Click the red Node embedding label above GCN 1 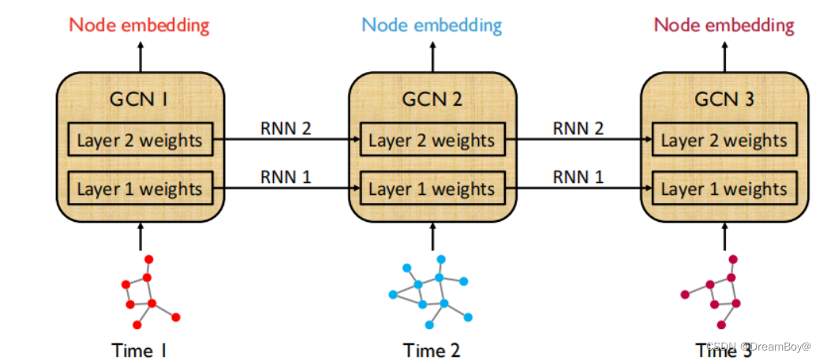click(139, 24)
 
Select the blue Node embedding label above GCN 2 click(431, 24)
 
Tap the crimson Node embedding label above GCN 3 click(724, 24)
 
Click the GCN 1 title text click(140, 99)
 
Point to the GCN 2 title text click(432, 99)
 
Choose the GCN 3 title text click(724, 99)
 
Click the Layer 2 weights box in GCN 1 click(140, 141)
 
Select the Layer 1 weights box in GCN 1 click(140, 189)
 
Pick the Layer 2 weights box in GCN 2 click(432, 141)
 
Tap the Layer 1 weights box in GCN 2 click(432, 189)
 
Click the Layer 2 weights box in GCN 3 click(724, 141)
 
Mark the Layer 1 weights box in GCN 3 click(724, 189)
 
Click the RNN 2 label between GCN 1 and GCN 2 click(286, 128)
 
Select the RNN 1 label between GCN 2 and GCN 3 click(578, 176)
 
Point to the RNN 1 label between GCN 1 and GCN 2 click(286, 176)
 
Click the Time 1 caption click(140, 349)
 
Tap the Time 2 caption click(432, 349)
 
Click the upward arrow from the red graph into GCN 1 click(140, 238)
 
